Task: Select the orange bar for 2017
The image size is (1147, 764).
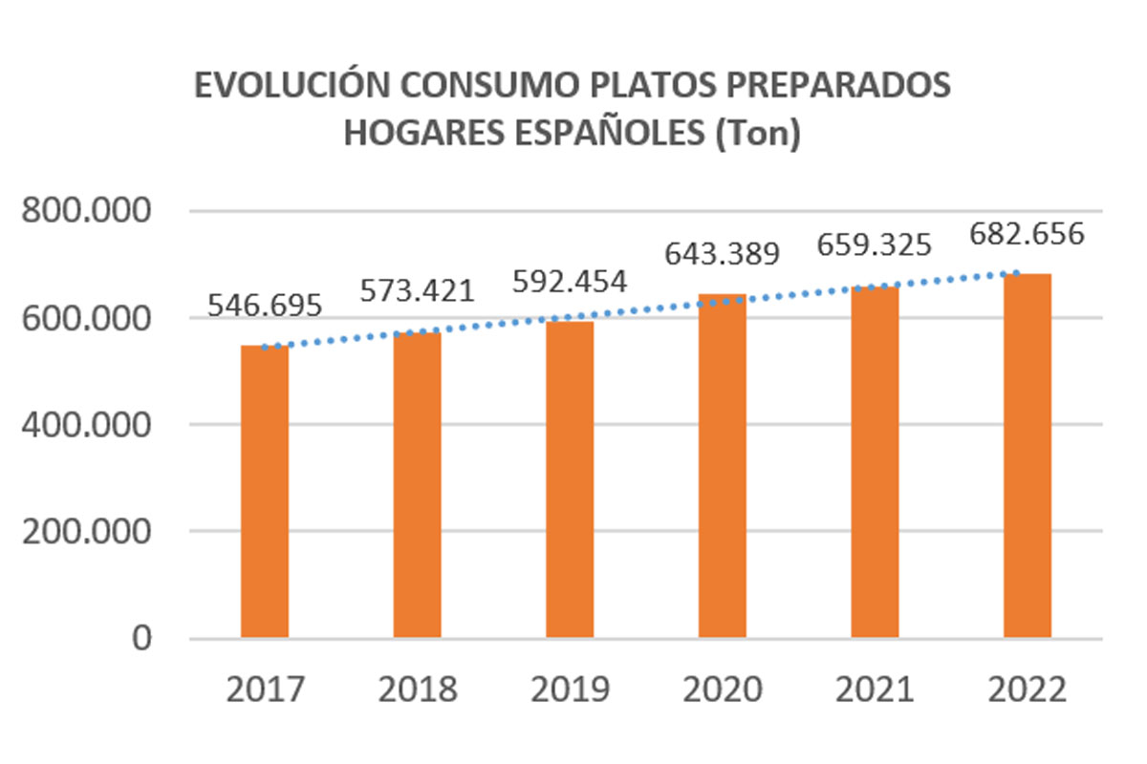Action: pos(265,492)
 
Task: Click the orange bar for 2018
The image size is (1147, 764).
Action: pos(417,485)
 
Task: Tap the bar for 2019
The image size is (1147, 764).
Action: pos(570,479)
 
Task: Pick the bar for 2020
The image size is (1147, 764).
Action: pos(723,466)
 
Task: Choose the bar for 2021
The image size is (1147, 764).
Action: pos(875,462)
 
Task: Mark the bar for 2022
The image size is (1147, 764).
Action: pos(1028,456)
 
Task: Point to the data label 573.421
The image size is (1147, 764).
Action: pos(417,290)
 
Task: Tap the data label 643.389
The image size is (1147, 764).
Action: pos(723,253)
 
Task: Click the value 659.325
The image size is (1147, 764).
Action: pos(874,245)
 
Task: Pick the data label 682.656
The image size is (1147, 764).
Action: pos(1027,233)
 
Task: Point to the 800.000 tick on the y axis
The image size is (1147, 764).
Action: pos(88,212)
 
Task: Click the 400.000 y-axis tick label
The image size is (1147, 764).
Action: pos(88,425)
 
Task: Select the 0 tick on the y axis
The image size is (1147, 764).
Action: pos(141,638)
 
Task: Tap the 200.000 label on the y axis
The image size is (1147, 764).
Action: pos(88,532)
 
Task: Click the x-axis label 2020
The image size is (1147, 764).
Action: pos(723,690)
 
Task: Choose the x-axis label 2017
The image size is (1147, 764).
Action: pos(265,690)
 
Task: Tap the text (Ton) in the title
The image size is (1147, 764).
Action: pos(756,134)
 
